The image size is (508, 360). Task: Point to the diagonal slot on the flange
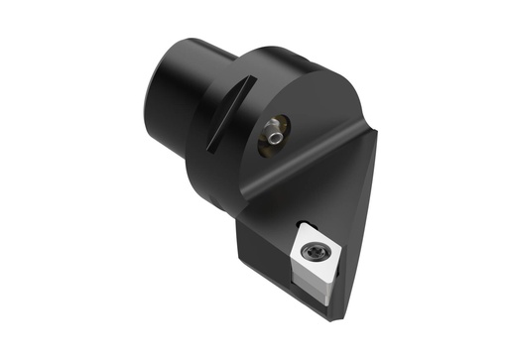tap(224, 117)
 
